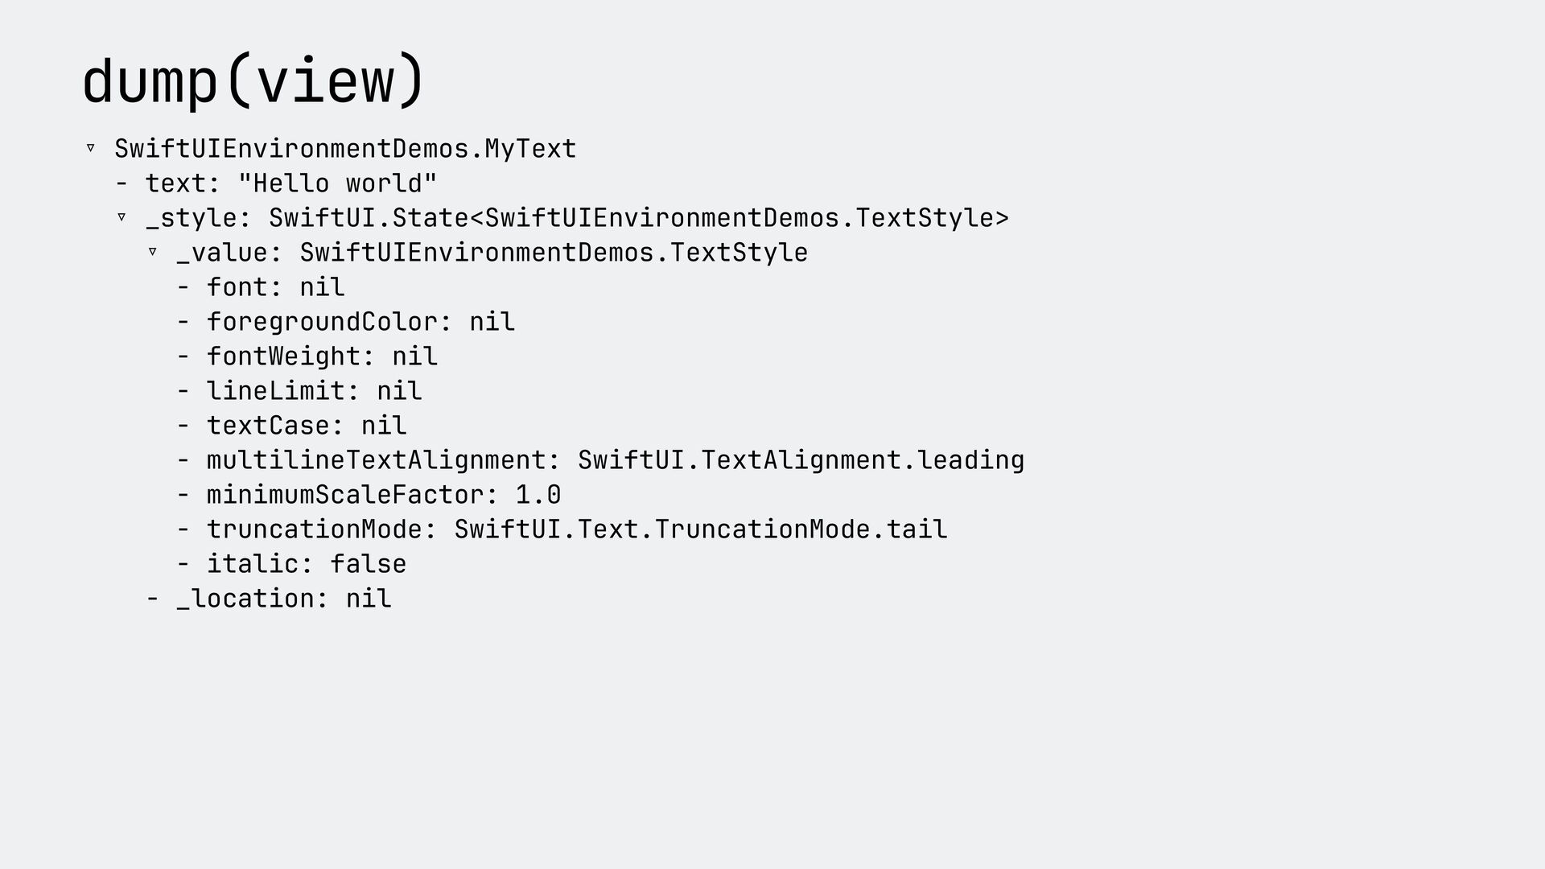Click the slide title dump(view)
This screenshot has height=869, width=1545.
[x=253, y=80]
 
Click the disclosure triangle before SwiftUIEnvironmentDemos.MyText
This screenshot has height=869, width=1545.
[x=91, y=148]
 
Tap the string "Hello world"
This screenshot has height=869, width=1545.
[x=337, y=183]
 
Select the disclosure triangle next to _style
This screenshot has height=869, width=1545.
[x=122, y=217]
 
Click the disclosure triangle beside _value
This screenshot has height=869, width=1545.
[x=153, y=252]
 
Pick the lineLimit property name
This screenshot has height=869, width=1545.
[x=276, y=391]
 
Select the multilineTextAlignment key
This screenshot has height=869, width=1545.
[x=376, y=460]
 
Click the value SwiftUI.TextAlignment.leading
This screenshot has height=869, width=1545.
[x=801, y=460]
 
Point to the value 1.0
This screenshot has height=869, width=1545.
[x=538, y=495]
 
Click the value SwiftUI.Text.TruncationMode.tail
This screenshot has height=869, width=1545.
[x=700, y=529]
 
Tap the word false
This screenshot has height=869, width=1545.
[x=369, y=564]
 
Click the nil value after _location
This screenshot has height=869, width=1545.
[x=369, y=599]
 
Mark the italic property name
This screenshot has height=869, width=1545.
[x=253, y=564]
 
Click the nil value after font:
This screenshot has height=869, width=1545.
[x=322, y=287]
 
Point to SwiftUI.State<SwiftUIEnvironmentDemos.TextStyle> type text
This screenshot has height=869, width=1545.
[x=638, y=218]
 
